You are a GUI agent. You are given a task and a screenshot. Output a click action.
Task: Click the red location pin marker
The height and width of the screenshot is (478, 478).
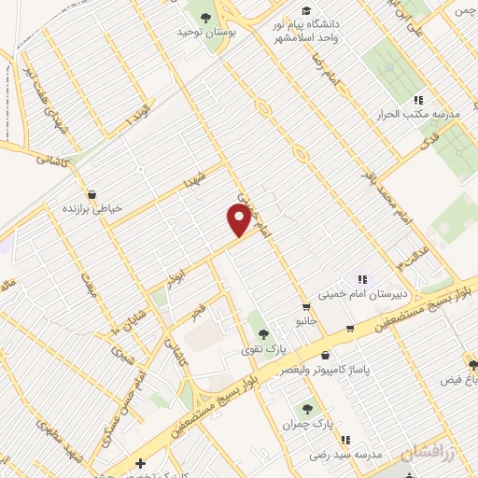239,220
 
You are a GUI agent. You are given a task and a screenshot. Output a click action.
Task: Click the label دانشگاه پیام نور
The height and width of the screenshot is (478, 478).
312,21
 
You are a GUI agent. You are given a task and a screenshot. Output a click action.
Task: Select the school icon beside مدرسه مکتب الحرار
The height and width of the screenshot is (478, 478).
419,99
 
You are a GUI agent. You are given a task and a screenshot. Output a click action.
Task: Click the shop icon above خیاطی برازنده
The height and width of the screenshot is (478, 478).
91,194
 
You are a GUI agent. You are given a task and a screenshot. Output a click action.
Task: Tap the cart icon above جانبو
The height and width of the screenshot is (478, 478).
306,307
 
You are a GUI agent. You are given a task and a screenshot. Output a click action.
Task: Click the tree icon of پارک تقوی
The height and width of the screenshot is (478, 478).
263,333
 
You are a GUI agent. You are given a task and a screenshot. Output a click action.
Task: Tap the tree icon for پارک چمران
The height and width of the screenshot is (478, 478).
305,408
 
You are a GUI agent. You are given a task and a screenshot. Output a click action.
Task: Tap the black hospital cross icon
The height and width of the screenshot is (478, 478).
140,463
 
